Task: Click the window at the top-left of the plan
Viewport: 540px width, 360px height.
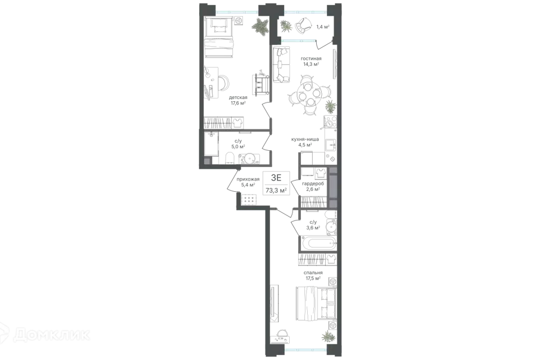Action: [237, 11]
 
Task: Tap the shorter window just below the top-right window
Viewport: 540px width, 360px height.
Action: [299, 40]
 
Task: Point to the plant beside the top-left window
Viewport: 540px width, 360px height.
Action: [260, 26]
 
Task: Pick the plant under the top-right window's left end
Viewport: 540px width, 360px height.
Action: [287, 26]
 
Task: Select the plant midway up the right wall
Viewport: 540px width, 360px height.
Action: [330, 106]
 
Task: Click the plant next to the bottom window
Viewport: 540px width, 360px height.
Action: [327, 337]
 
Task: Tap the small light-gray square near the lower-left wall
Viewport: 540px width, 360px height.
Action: [207, 161]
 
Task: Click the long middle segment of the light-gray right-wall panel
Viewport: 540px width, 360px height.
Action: [333, 186]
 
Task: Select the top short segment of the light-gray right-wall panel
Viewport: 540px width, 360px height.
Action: [333, 169]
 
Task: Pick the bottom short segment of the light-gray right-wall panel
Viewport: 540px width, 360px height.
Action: [333, 202]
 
